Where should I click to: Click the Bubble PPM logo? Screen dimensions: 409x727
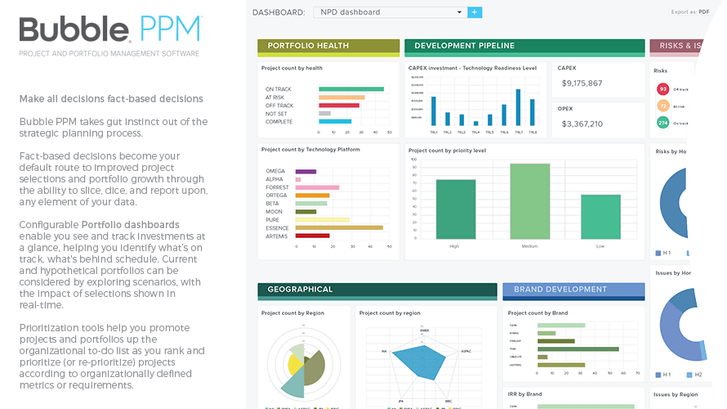point(109,29)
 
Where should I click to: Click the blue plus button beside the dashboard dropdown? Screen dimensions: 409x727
point(475,12)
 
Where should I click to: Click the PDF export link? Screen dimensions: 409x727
point(703,12)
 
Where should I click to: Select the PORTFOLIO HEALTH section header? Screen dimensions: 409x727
point(328,46)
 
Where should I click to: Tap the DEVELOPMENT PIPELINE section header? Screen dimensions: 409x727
point(524,46)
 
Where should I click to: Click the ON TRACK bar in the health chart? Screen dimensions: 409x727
point(351,88)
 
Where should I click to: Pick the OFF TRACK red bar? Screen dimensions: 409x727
point(339,105)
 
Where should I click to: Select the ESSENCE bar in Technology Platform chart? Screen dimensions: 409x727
point(339,227)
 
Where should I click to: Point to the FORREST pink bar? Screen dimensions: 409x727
point(317,187)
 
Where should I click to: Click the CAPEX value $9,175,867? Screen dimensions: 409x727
point(582,83)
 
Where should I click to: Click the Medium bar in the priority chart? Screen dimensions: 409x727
point(530,201)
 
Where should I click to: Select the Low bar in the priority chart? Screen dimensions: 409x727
point(600,217)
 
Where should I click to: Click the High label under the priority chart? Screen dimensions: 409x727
point(454,245)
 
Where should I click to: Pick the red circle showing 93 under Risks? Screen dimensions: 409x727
point(663,89)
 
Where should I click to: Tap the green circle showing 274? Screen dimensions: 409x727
point(663,123)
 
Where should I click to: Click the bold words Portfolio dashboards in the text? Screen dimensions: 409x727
point(131,224)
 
